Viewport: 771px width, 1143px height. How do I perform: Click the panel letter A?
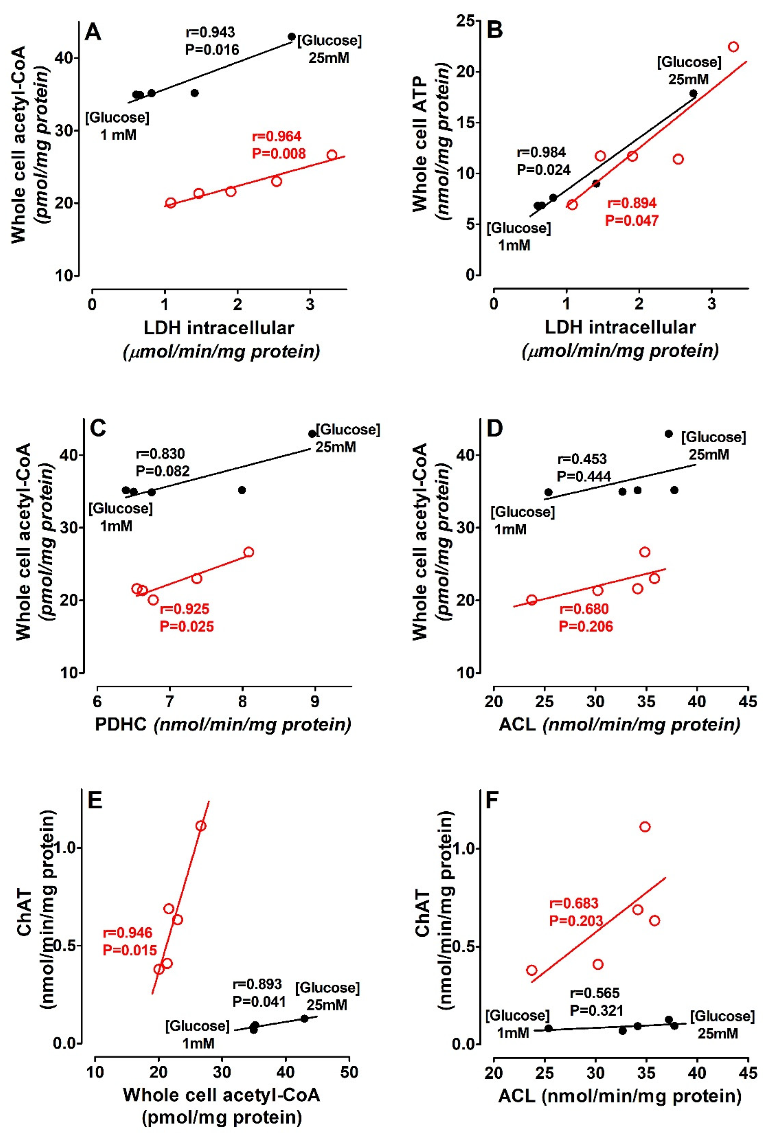[93, 33]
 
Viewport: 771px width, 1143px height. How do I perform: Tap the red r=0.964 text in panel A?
[276, 137]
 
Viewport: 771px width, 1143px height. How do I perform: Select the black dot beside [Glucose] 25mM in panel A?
[292, 37]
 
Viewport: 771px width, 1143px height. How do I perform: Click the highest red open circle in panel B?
[733, 47]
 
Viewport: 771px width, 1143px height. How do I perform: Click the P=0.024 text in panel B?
[543, 169]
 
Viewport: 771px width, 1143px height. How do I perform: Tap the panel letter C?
[98, 429]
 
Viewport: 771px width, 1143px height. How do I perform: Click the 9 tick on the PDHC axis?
[315, 700]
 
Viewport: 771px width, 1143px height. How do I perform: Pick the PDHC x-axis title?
[223, 725]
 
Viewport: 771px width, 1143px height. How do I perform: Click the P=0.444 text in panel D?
[584, 476]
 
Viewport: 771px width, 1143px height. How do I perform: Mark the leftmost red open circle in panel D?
[531, 600]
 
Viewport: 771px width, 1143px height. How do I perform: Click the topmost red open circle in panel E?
[200, 826]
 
